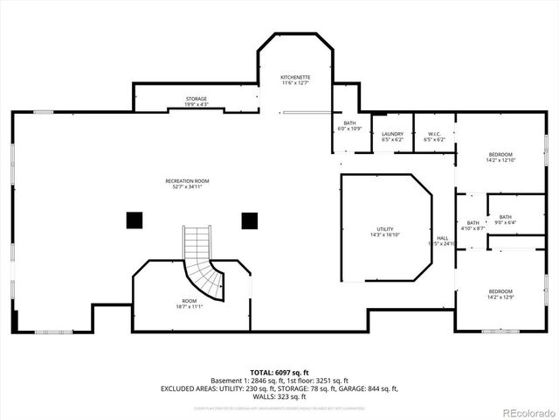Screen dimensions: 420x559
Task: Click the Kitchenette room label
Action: (x=294, y=80)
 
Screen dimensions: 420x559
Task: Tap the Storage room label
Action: (x=197, y=101)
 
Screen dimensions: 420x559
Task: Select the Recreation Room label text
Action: (x=187, y=184)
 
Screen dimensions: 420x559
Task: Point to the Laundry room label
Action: (x=392, y=136)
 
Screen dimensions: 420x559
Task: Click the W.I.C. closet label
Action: (x=434, y=136)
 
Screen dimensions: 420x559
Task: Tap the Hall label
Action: (x=443, y=241)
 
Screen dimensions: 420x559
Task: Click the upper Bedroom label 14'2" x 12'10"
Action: (x=500, y=157)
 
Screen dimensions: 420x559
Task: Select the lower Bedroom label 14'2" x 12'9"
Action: (x=500, y=294)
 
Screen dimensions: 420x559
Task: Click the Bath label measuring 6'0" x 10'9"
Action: (x=349, y=126)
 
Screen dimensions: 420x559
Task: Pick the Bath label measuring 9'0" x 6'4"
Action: (x=506, y=220)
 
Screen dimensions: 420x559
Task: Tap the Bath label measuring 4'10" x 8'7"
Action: (x=473, y=226)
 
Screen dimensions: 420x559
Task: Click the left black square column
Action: (x=134, y=220)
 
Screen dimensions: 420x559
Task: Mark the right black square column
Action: (x=251, y=220)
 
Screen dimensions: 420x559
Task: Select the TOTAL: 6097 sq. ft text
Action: (x=279, y=373)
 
